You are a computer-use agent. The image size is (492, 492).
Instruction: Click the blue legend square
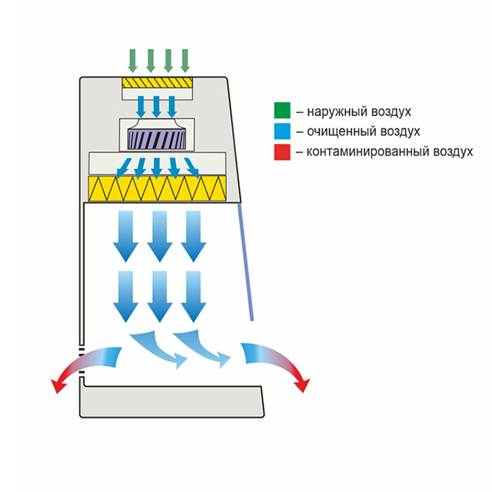283,131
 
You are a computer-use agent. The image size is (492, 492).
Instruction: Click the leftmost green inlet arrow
133,59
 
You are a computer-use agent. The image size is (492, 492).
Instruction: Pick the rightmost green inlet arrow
184,59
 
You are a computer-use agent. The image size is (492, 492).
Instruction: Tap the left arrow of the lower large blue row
124,296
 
